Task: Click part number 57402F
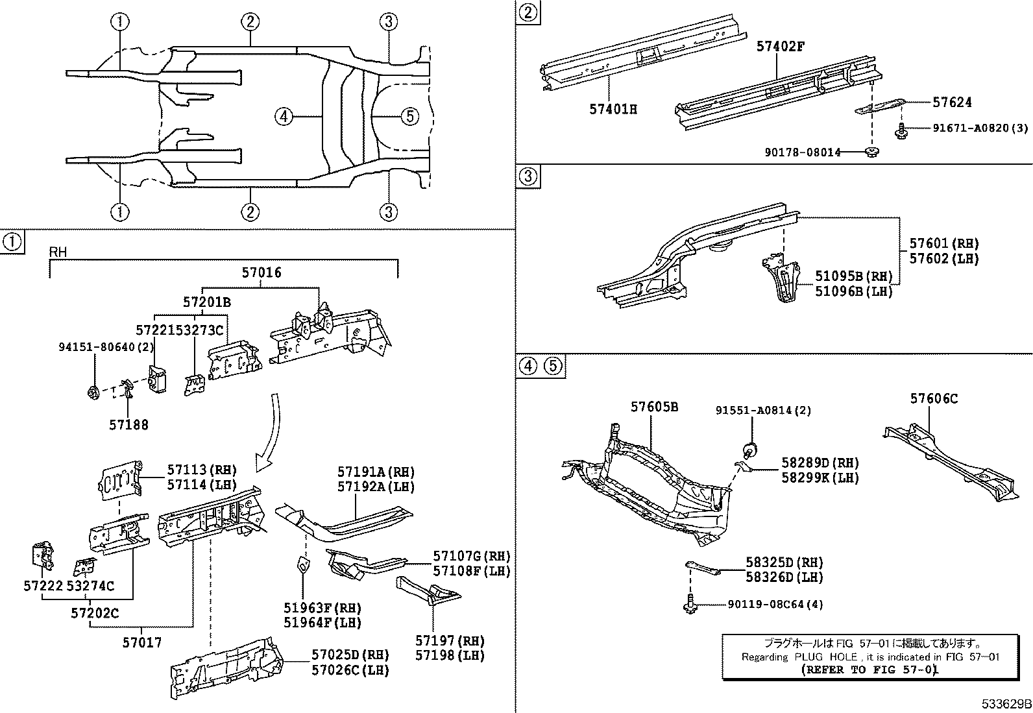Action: pyautogui.click(x=780, y=47)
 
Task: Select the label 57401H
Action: pyautogui.click(x=613, y=110)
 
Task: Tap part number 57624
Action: pyautogui.click(x=952, y=103)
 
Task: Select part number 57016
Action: pyautogui.click(x=261, y=272)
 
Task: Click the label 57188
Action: pyautogui.click(x=128, y=425)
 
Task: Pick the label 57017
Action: pyautogui.click(x=142, y=642)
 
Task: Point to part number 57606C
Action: pyautogui.click(x=933, y=398)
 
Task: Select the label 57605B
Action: pyautogui.click(x=654, y=407)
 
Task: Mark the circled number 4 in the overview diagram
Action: pyautogui.click(x=283, y=117)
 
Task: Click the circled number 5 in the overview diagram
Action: pyautogui.click(x=409, y=117)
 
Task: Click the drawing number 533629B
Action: pyautogui.click(x=1006, y=704)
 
